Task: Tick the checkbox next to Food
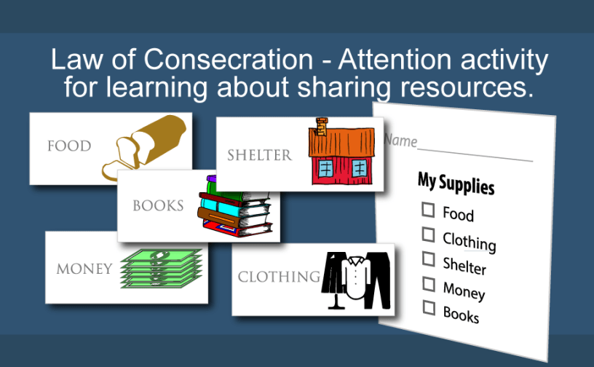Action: (x=428, y=210)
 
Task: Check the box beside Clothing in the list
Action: (x=429, y=234)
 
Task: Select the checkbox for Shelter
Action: (x=429, y=259)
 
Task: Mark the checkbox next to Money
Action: (x=429, y=284)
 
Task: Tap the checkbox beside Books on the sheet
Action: (x=429, y=308)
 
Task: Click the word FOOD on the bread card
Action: (x=69, y=146)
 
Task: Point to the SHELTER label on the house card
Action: (x=259, y=155)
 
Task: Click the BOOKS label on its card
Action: (x=158, y=205)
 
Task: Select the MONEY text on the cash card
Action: (x=84, y=269)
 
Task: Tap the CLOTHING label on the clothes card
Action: (x=280, y=277)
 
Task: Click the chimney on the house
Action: (x=322, y=126)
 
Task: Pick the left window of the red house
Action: (x=326, y=168)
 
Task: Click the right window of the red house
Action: (x=359, y=168)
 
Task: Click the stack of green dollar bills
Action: (x=161, y=269)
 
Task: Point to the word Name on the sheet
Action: (x=400, y=141)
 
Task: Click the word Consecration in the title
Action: (x=229, y=59)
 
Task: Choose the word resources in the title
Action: (x=467, y=87)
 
